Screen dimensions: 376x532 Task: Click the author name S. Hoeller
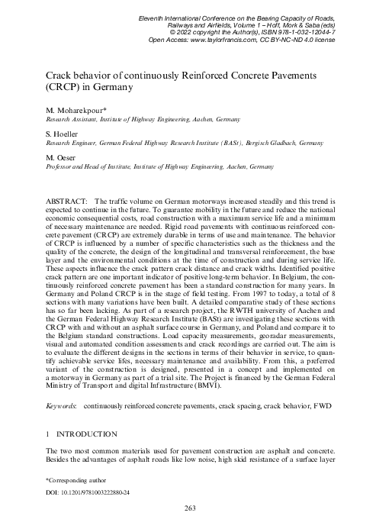tap(65, 134)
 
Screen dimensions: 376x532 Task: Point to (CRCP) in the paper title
tap(69, 89)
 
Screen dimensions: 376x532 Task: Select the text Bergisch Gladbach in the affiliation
tap(298, 143)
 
